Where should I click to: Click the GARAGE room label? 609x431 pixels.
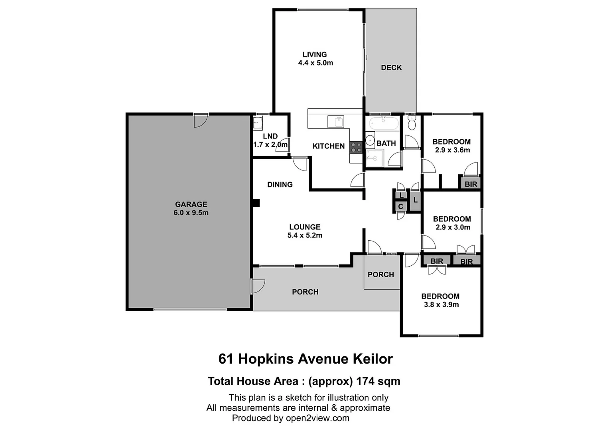coord(191,204)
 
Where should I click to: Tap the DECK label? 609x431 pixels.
coord(391,67)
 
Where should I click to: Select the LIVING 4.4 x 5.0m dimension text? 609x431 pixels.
coord(315,63)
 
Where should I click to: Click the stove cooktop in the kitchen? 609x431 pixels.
coord(356,147)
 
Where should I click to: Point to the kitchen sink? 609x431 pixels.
coord(336,121)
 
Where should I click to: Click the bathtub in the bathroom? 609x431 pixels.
coord(383,123)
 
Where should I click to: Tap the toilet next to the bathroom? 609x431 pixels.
coord(412,123)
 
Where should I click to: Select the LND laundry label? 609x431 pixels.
coord(270,136)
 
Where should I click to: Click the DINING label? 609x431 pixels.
coord(280,184)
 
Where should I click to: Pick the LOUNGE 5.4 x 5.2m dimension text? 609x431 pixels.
coord(305,235)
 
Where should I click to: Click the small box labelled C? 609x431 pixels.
coord(400,207)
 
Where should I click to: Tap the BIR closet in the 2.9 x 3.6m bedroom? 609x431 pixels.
coord(471,184)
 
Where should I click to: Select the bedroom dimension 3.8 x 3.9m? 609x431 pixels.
coord(441,304)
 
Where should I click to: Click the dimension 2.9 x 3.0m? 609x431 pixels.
coord(453,227)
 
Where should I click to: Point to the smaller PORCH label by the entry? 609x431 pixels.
coord(380,275)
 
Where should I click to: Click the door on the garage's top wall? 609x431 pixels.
coord(201,120)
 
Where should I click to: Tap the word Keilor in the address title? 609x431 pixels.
coord(372,359)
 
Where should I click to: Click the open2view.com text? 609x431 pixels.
coord(317,418)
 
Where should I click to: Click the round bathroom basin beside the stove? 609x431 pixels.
coord(370,140)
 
